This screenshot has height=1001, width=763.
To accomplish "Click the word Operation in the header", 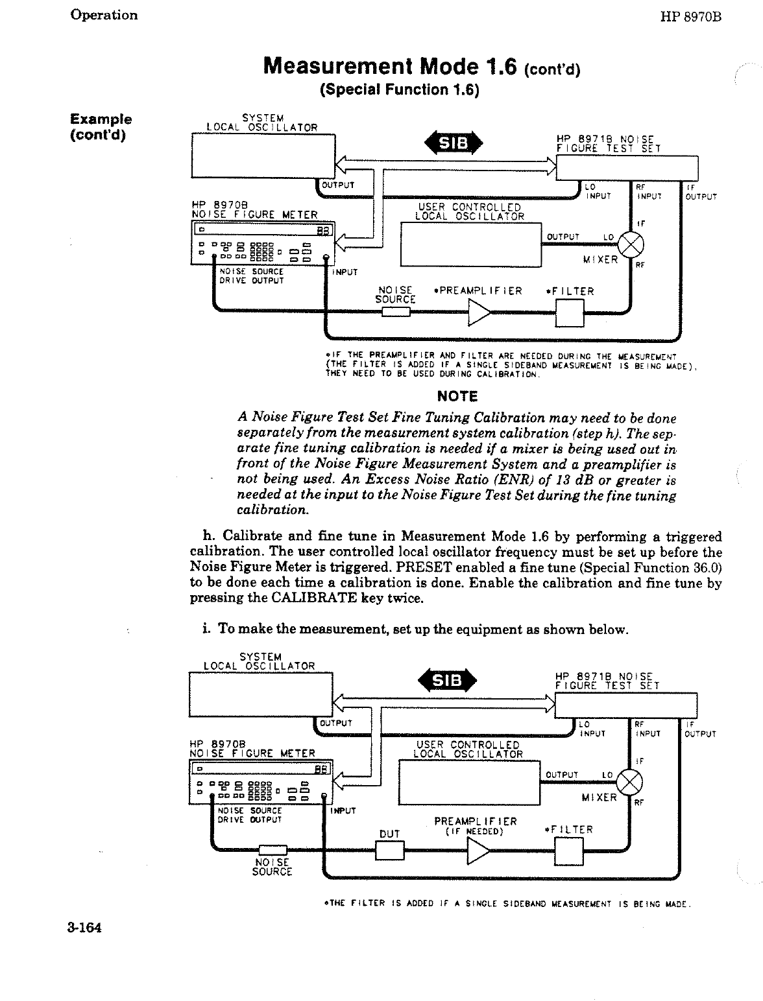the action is (104, 15).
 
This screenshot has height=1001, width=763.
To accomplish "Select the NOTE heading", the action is (457, 396).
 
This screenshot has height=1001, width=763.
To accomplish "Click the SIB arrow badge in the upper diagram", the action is (454, 144).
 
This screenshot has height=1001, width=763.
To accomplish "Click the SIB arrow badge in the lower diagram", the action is (448, 680).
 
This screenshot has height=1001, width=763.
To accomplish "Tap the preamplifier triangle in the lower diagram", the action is (479, 851).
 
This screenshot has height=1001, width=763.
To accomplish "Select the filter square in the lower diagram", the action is (569, 851).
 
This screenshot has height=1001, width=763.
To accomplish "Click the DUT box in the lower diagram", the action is (389, 850).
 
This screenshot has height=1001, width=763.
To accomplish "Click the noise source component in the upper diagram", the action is (396, 313).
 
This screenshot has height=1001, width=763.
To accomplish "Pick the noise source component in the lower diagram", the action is (272, 850).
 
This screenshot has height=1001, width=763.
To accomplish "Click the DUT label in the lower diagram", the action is (389, 834).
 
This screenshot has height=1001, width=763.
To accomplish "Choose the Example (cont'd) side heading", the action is (101, 126).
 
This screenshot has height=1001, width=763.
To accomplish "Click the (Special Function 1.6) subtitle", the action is (399, 89).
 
